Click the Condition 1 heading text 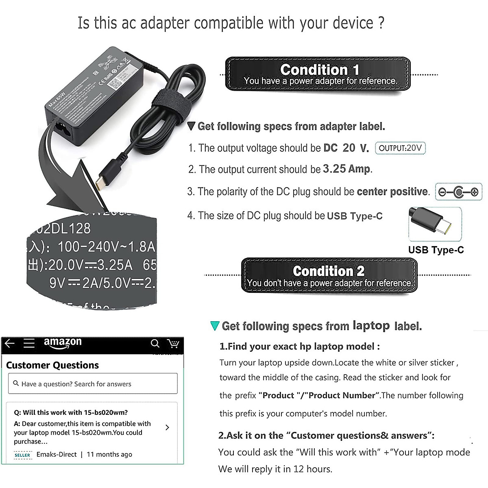[x=320, y=69]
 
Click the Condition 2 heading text [x=329, y=271]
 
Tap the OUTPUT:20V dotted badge [x=400, y=148]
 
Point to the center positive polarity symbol [x=458, y=192]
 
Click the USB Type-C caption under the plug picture [x=436, y=250]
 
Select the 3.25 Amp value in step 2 [x=346, y=169]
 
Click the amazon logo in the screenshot [x=63, y=342]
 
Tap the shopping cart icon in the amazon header [x=173, y=344]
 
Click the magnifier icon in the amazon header [x=155, y=344]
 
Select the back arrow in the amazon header [x=9, y=344]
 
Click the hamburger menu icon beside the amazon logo [x=29, y=344]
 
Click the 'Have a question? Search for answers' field [x=93, y=383]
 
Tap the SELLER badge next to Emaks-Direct [x=22, y=455]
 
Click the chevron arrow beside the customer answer [x=167, y=427]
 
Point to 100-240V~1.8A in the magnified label [x=107, y=246]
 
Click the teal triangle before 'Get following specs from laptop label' [x=214, y=326]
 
